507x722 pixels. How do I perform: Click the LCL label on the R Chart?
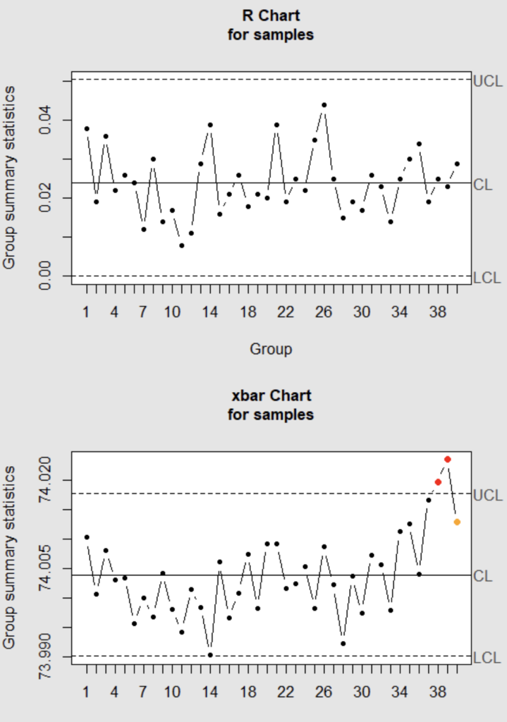tap(487, 278)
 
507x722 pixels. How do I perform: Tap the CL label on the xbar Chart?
tap(483, 576)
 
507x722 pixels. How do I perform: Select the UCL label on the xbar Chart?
tap(487, 495)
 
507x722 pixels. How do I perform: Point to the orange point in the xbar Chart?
tap(457, 522)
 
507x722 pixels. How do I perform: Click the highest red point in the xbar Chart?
tap(447, 459)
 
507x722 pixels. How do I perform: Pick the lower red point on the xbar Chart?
tap(438, 482)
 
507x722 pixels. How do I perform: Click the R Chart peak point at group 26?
tap(324, 105)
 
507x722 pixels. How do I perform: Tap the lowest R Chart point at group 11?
tap(182, 245)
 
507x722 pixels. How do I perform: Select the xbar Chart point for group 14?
tap(210, 655)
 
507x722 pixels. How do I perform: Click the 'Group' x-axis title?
tap(271, 348)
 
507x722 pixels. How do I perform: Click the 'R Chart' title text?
tap(271, 14)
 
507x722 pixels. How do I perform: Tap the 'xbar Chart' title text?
tap(271, 395)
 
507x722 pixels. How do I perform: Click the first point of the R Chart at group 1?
tap(87, 128)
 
